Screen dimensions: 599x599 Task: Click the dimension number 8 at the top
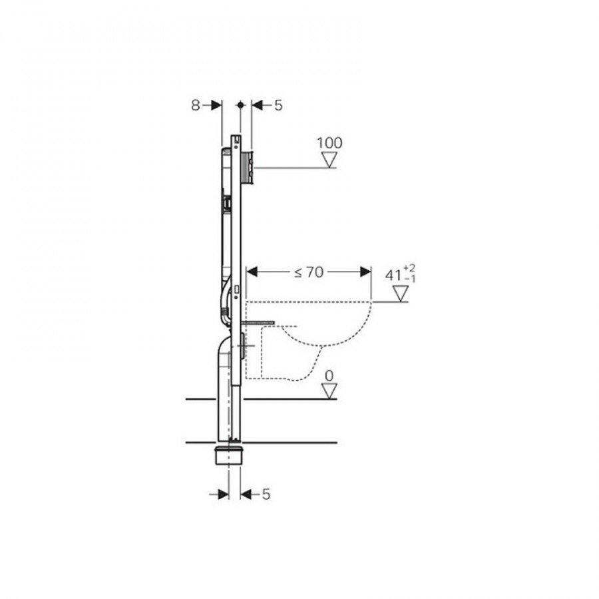pos(195,105)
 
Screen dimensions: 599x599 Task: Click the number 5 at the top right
pos(278,105)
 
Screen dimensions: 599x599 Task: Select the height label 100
pos(329,143)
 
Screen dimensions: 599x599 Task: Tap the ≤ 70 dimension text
pos(309,272)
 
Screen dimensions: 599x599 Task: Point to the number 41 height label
pos(393,275)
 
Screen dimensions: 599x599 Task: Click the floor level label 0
pos(329,376)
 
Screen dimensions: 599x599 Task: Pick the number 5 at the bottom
pos(266,495)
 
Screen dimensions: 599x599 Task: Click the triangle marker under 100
pos(329,159)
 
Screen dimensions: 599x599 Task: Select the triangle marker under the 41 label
pos(401,294)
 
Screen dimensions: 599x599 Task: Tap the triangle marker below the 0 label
pos(329,391)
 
